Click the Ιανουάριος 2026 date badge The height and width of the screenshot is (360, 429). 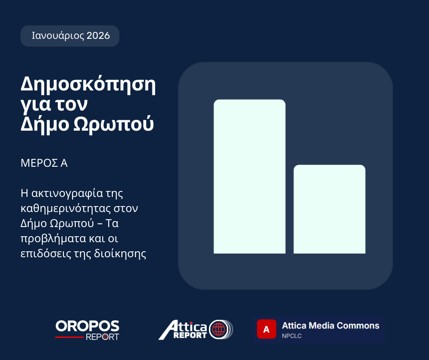[70, 36]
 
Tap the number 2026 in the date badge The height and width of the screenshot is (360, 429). [98, 36]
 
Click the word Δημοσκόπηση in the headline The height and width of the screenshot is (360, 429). [88, 85]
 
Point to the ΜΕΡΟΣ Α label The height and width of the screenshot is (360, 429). [44, 163]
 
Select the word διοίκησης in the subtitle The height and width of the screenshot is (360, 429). [120, 254]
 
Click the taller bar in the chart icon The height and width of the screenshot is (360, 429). [250, 176]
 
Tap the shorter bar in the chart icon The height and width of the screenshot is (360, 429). [330, 209]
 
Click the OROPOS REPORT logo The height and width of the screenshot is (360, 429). [87, 330]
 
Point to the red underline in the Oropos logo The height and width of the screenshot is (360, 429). [69, 337]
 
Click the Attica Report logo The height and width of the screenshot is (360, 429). [196, 329]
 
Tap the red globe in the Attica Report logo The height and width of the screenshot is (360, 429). [218, 329]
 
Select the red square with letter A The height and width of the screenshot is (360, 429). [267, 329]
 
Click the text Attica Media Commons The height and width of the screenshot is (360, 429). [330, 325]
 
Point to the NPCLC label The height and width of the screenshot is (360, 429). [292, 336]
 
